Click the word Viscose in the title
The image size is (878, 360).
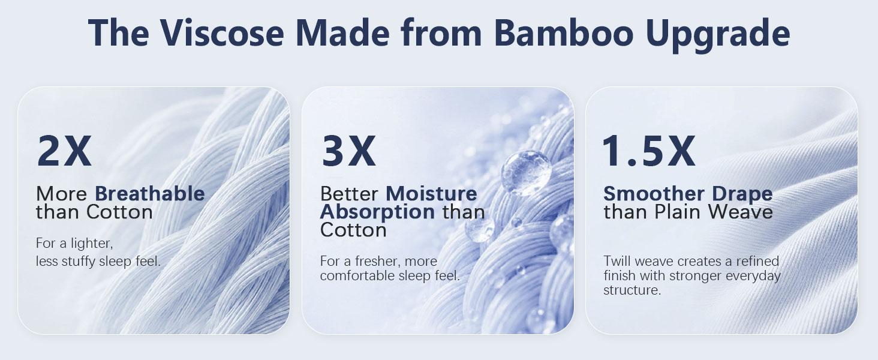221,32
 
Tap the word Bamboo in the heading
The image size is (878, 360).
563,32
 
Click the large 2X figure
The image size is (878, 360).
64,151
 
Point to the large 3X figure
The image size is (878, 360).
348,151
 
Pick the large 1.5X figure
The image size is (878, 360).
648,151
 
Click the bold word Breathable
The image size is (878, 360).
150,193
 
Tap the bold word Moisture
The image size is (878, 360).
431,193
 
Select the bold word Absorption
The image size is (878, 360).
377,213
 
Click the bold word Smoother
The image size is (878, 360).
654,193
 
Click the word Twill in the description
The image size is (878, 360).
617,261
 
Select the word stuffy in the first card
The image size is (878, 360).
79,262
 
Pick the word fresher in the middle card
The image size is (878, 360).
377,261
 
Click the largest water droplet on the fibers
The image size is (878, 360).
526,173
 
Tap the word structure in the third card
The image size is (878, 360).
632,290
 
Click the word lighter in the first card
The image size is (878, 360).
92,244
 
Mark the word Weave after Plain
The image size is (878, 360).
740,212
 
